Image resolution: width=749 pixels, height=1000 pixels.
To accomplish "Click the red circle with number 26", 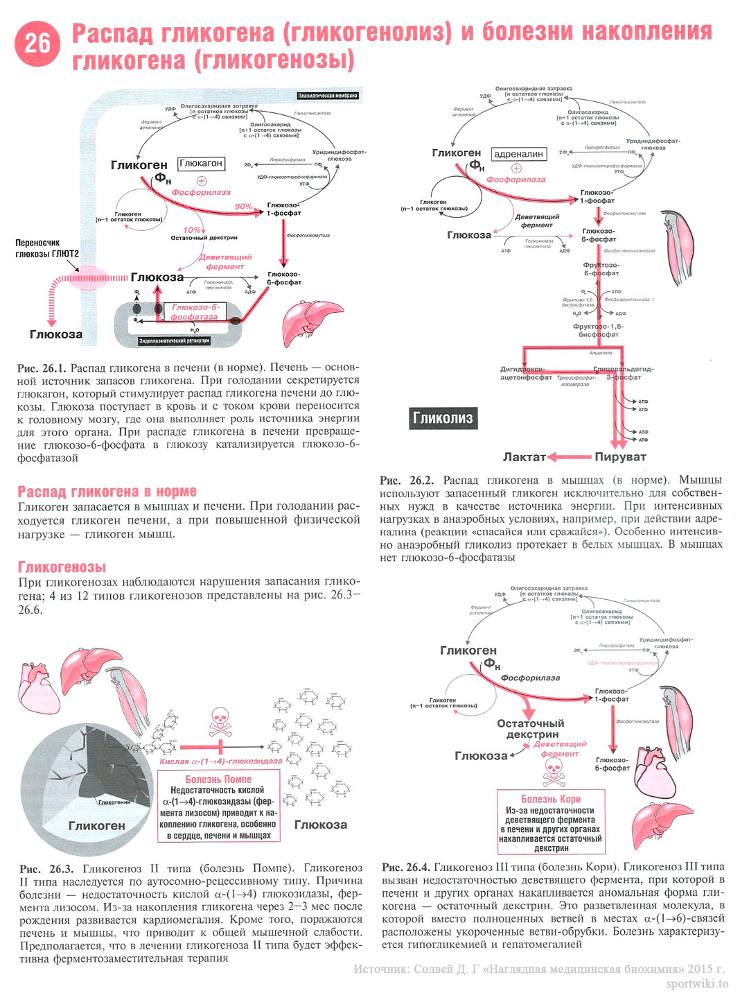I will click(37, 43).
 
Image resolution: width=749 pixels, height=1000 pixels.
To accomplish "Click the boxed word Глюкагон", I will click(201, 164).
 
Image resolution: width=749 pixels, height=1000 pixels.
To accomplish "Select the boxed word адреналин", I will click(519, 154).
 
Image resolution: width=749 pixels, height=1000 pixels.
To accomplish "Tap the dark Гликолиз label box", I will click(443, 418).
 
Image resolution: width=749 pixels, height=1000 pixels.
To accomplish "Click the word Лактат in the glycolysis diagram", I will click(524, 457).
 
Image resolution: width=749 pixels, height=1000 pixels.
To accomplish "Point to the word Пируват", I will click(620, 457).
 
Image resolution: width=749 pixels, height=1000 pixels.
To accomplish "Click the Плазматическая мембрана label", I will click(328, 96).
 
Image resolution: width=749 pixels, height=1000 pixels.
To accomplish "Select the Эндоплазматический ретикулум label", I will click(174, 341).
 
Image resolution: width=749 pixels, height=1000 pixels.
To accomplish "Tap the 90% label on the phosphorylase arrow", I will click(243, 207).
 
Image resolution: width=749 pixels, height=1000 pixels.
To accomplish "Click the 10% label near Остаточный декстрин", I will click(192, 230).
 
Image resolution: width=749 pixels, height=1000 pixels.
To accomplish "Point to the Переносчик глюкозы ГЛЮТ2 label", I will click(47, 248).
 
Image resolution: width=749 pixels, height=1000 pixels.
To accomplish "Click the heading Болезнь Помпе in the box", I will click(218, 779).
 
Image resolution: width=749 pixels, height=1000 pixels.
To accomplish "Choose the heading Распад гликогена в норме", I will click(107, 492).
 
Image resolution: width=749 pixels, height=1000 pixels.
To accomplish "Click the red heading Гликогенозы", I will click(62, 567).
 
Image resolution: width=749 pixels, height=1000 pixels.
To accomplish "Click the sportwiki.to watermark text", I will click(697, 984).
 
